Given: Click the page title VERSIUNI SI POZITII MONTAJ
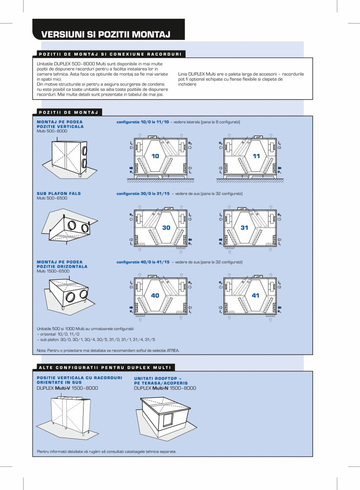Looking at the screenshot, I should point(106,34).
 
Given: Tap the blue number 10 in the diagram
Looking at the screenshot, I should point(155,156).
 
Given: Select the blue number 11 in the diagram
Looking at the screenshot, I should point(256,156).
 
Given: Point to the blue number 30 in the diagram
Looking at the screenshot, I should point(166,228).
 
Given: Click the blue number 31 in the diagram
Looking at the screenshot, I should point(245,228).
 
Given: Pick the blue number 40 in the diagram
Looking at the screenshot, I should point(155,296).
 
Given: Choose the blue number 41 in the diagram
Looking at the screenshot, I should point(256,296).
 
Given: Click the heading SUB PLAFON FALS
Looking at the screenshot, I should point(59,193).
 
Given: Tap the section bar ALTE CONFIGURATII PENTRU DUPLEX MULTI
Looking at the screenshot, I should point(104,367).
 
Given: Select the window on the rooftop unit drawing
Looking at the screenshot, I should point(168,420).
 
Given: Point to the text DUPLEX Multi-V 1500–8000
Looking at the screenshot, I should point(67,388).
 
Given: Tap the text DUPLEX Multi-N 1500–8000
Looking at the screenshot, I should point(165,388).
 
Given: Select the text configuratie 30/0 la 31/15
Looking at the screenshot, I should point(143,193).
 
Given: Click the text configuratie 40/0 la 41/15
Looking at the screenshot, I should point(143,262).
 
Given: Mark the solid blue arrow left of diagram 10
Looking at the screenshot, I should point(131,168).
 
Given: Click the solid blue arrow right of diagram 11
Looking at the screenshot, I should point(279,168).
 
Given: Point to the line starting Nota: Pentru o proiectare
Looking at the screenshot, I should point(108,351).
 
